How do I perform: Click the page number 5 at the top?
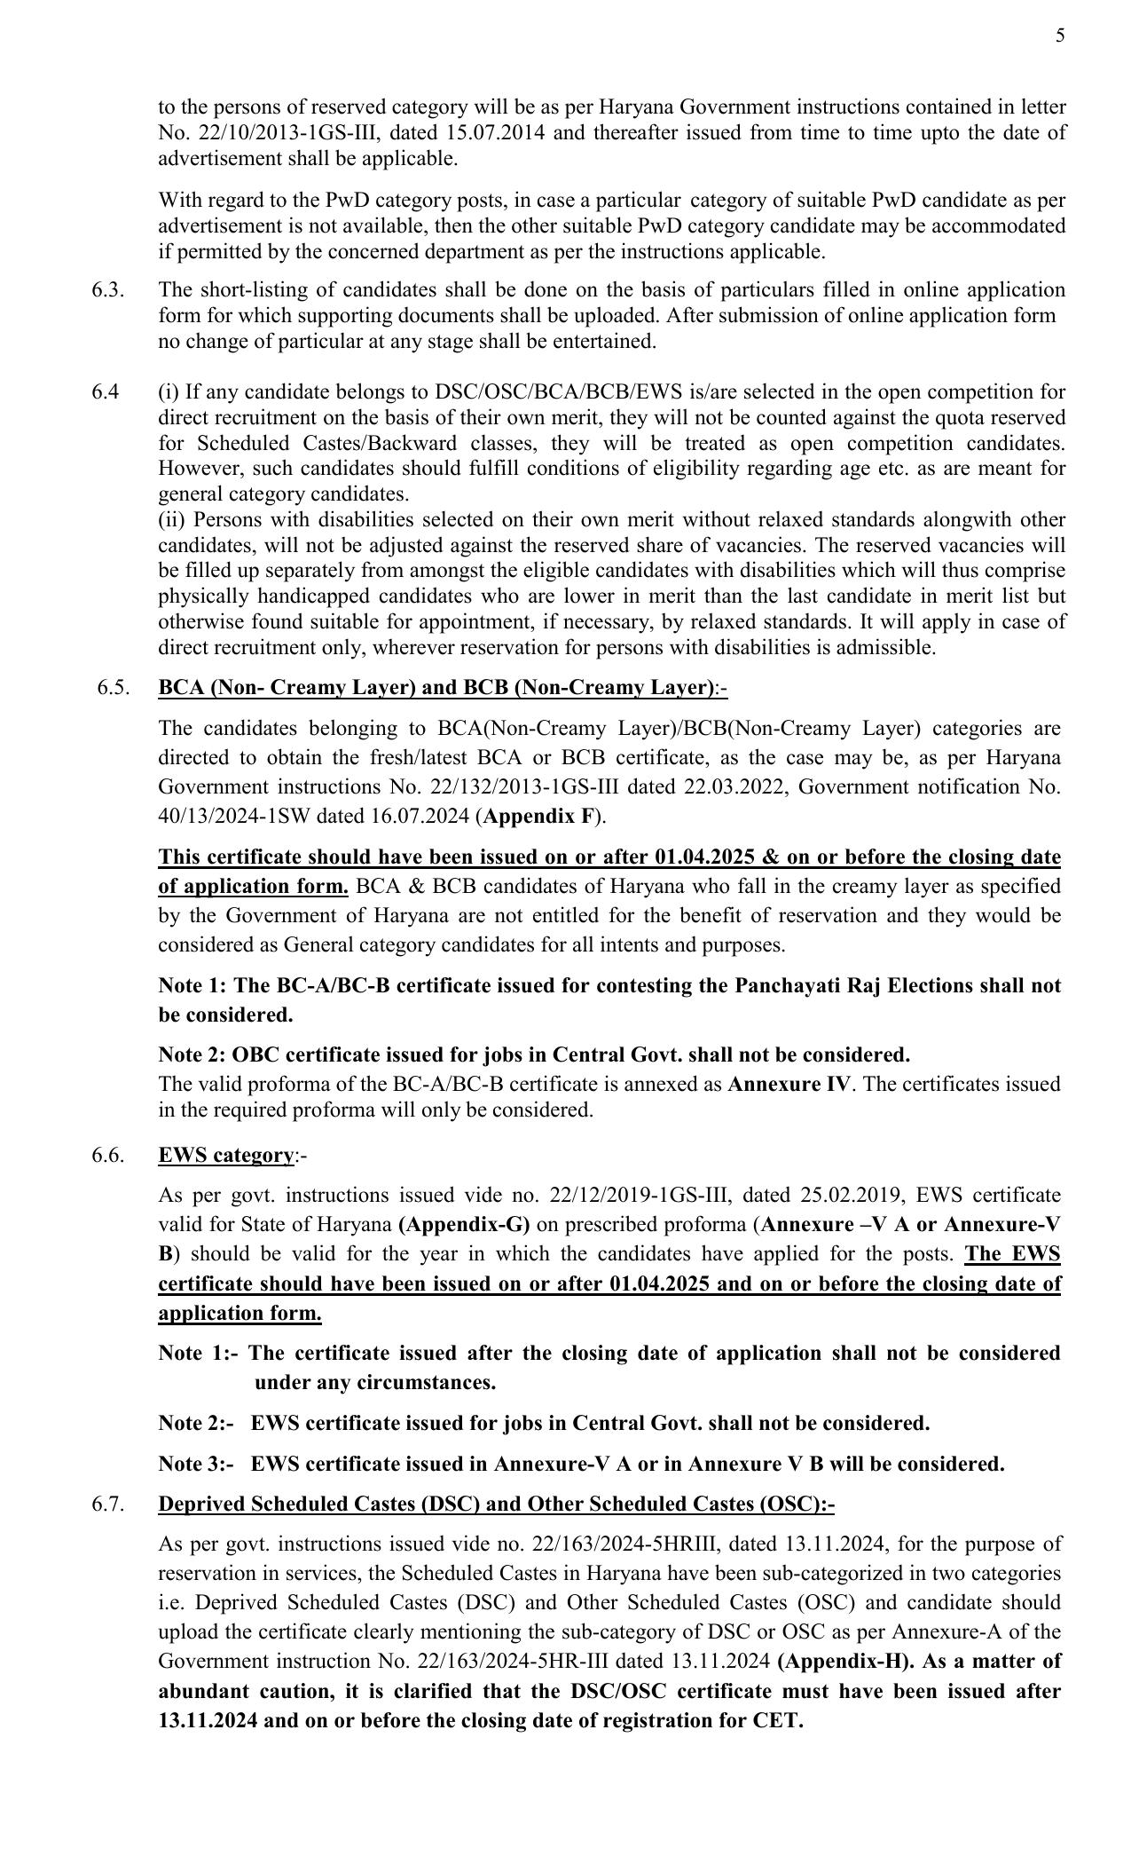tap(1060, 36)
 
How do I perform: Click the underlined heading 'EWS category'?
tap(225, 1155)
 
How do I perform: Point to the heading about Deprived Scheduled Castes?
tap(496, 1504)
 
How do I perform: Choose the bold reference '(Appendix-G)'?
tap(464, 1224)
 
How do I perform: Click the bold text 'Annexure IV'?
tap(789, 1084)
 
